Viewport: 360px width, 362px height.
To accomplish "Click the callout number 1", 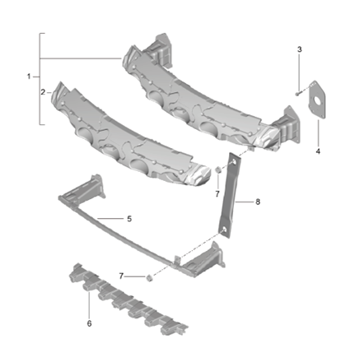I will pos(29,77).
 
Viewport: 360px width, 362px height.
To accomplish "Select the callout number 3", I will pos(299,50).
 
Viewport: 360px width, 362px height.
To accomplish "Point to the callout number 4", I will pos(318,151).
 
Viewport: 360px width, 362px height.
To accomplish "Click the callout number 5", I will pos(129,220).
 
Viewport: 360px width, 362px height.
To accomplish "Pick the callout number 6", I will pos(89,323).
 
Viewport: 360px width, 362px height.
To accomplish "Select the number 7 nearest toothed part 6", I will pos(121,276).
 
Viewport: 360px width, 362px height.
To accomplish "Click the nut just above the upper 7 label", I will pos(217,170).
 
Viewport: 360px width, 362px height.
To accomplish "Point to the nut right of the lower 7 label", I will pos(149,277).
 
